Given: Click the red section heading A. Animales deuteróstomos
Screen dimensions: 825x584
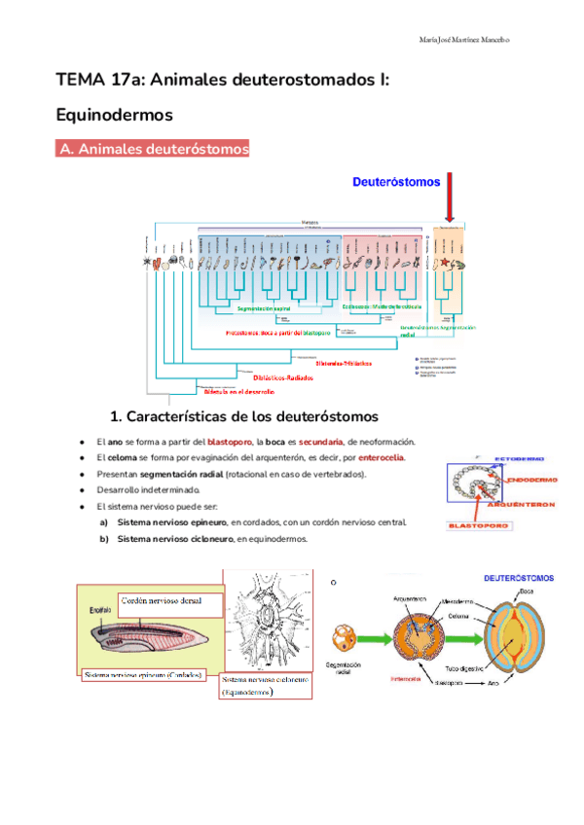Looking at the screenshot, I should coord(156,149).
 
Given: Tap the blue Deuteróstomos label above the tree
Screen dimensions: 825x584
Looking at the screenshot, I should coord(396,182).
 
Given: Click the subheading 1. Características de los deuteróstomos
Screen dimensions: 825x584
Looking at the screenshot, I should coord(244,417).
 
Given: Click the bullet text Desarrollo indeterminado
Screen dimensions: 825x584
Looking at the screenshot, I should coord(147,489).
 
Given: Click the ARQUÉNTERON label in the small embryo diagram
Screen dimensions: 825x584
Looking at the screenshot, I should coord(525,504).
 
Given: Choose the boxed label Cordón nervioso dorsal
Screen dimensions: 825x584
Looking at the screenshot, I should coord(162,600).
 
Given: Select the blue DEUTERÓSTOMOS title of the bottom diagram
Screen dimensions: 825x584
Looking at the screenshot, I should coord(519,577).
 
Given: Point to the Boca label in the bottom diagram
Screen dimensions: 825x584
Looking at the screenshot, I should coord(526,591).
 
